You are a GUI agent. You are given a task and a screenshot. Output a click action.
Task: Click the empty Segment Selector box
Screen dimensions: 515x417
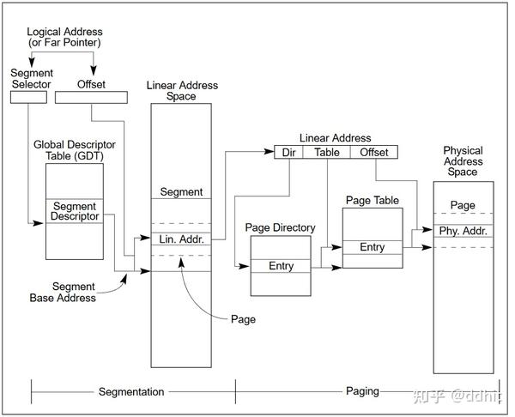click(28, 97)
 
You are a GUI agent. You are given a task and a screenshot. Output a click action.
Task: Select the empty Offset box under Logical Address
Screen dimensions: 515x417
click(91, 97)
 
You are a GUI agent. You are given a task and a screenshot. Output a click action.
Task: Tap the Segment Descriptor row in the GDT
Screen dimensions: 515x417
click(75, 211)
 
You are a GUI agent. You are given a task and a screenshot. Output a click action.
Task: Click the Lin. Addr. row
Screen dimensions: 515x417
click(181, 239)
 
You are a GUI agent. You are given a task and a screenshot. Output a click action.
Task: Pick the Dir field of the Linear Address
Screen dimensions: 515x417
click(288, 153)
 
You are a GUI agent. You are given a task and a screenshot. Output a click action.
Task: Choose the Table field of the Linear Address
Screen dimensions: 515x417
click(327, 153)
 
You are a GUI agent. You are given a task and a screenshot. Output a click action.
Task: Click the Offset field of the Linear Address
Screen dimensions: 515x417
click(374, 153)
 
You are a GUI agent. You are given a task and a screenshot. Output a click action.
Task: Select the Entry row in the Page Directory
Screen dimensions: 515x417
click(281, 266)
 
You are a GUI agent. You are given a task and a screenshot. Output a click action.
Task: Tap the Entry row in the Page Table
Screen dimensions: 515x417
click(373, 247)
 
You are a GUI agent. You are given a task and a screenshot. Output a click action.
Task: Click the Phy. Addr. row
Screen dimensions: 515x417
click(463, 231)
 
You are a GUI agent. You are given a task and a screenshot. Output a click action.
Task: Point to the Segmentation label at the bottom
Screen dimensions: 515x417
click(131, 392)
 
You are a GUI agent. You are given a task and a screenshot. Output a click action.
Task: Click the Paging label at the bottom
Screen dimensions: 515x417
click(362, 391)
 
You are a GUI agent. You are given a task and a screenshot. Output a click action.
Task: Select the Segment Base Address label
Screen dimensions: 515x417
click(63, 292)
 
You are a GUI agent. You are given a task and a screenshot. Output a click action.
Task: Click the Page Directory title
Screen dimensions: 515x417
click(280, 227)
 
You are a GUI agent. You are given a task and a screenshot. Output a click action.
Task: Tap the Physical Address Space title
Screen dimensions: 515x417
click(463, 161)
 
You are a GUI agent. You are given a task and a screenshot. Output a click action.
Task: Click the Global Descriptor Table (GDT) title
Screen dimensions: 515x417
click(75, 150)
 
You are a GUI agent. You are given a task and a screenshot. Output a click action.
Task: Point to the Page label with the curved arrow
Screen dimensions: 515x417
click(243, 319)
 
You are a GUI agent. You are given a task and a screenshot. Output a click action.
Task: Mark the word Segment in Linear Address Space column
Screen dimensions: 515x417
click(181, 191)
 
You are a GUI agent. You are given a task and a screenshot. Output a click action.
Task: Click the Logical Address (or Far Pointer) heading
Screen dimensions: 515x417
click(64, 37)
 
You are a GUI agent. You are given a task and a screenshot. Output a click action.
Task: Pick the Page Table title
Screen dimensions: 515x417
click(373, 200)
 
